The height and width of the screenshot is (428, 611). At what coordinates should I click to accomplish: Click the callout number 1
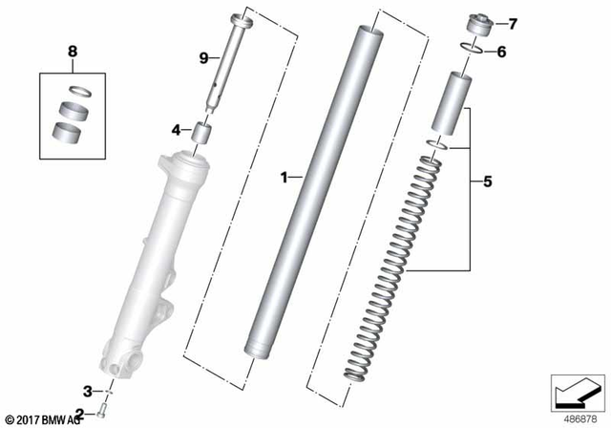(x=284, y=177)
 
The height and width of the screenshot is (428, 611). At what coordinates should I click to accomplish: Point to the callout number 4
(x=176, y=129)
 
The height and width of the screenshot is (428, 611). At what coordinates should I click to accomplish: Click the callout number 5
(x=487, y=180)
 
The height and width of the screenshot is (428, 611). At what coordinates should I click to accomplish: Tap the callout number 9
(x=203, y=58)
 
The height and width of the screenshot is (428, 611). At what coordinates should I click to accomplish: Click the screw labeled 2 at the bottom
(x=102, y=413)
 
